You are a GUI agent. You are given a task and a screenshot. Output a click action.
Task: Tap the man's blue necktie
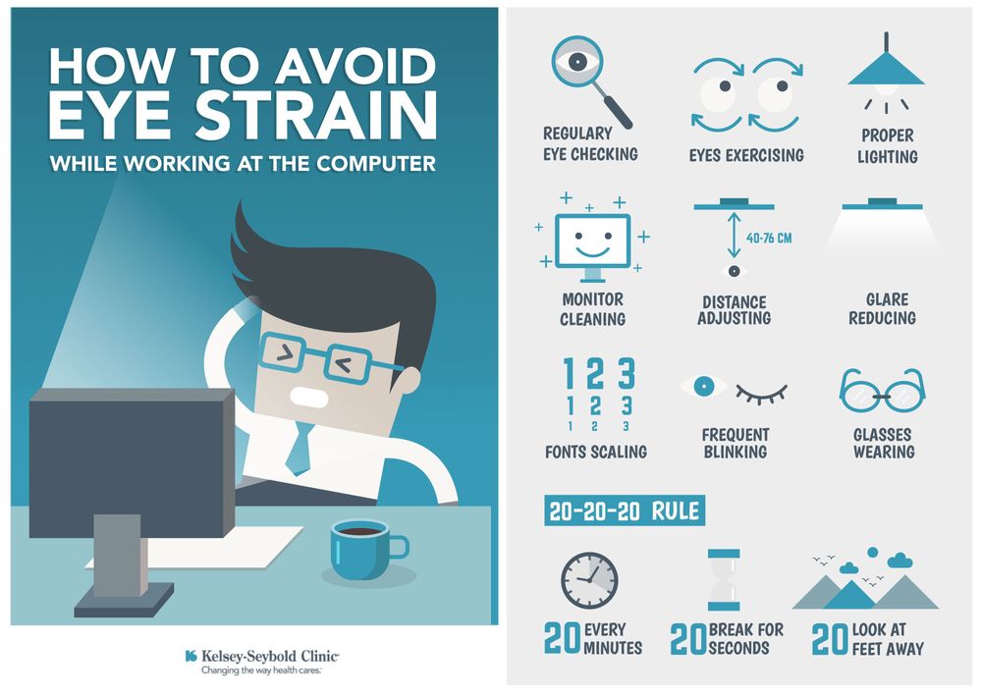(299, 449)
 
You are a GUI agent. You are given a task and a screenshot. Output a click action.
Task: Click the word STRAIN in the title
(315, 115)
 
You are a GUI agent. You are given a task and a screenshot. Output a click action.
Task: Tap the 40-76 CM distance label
(769, 238)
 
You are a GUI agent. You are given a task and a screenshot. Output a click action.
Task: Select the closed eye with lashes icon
(761, 395)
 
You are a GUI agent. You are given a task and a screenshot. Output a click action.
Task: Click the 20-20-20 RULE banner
(625, 511)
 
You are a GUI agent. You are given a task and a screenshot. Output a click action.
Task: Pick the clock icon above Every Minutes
(589, 580)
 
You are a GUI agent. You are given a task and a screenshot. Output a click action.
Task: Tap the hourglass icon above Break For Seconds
(724, 580)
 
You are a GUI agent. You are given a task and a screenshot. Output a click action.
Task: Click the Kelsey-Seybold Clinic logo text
(270, 657)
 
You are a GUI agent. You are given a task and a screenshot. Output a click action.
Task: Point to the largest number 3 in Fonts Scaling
(627, 373)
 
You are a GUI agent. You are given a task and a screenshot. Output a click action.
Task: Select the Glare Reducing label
(883, 308)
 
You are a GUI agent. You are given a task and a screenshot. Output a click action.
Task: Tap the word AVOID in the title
(355, 66)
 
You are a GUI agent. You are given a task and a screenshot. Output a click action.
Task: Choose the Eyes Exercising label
(746, 155)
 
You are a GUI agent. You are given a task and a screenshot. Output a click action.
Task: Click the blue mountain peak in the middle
(849, 596)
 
